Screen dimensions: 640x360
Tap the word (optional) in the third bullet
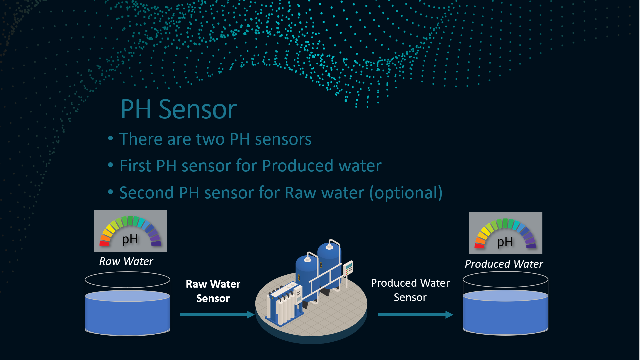pyautogui.click(x=406, y=193)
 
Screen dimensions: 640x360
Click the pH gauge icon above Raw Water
pyautogui.click(x=130, y=231)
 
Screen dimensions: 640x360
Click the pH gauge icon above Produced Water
pyautogui.click(x=506, y=233)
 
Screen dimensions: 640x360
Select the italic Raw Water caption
pyautogui.click(x=126, y=261)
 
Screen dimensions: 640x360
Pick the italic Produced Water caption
pyautogui.click(x=504, y=264)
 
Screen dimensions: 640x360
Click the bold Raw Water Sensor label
pyautogui.click(x=213, y=291)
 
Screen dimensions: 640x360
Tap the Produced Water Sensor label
pyautogui.click(x=410, y=290)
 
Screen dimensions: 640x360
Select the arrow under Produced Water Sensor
pyautogui.click(x=415, y=315)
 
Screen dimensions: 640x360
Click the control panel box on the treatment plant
pyautogui.click(x=348, y=268)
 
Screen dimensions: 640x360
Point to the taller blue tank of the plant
pyautogui.click(x=329, y=263)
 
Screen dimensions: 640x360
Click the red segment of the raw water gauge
pyautogui.click(x=104, y=243)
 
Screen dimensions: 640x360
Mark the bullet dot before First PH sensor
pyautogui.click(x=111, y=165)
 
